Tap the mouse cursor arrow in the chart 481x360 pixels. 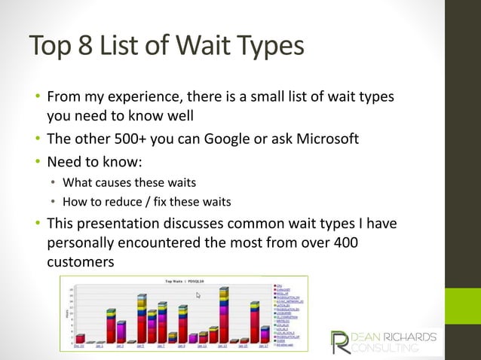point(198,295)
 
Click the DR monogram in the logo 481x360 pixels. point(342,340)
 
